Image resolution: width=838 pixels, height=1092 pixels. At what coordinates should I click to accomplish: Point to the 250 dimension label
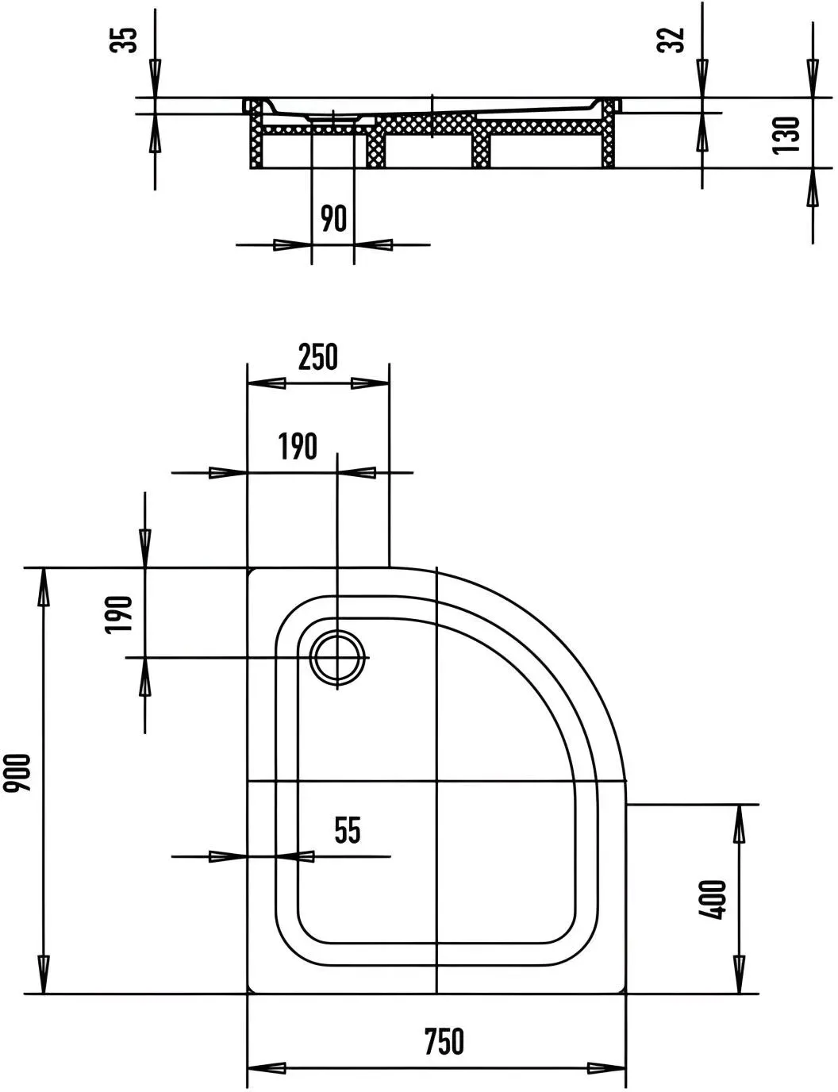(318, 357)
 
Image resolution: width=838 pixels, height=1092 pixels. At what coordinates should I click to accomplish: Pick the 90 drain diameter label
(333, 218)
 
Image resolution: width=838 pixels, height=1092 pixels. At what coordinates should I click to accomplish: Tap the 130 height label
(786, 135)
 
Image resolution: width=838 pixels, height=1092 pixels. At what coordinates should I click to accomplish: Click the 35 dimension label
(123, 40)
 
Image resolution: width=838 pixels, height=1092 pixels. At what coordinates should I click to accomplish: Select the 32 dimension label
(671, 40)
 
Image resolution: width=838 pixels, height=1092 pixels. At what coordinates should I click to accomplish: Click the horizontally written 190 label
(298, 446)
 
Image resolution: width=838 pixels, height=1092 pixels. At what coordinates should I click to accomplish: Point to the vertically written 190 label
(118, 615)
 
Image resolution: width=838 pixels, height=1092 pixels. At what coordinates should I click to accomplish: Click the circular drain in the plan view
(337, 658)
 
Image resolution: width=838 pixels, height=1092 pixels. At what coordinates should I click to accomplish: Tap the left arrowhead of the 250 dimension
(267, 383)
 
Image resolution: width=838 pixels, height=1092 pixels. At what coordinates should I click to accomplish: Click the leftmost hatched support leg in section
(257, 134)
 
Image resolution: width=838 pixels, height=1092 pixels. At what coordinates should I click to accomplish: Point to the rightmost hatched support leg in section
(609, 133)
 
